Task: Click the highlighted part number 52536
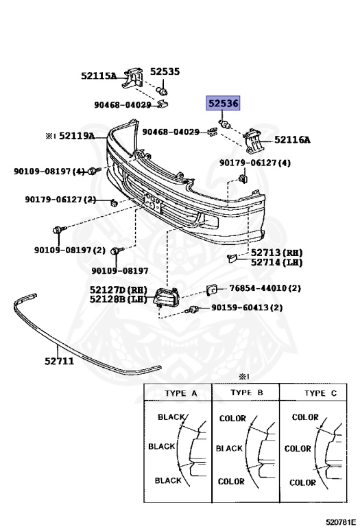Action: (x=224, y=103)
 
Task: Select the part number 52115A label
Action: (x=98, y=75)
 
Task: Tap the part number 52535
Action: (x=165, y=71)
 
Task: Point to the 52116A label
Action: (x=292, y=139)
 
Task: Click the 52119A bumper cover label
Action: (x=77, y=136)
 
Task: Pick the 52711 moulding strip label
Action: (x=59, y=361)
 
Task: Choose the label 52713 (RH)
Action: (x=277, y=253)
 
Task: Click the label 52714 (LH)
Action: (x=277, y=262)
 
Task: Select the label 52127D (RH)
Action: (x=118, y=290)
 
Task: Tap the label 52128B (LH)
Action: (x=118, y=298)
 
